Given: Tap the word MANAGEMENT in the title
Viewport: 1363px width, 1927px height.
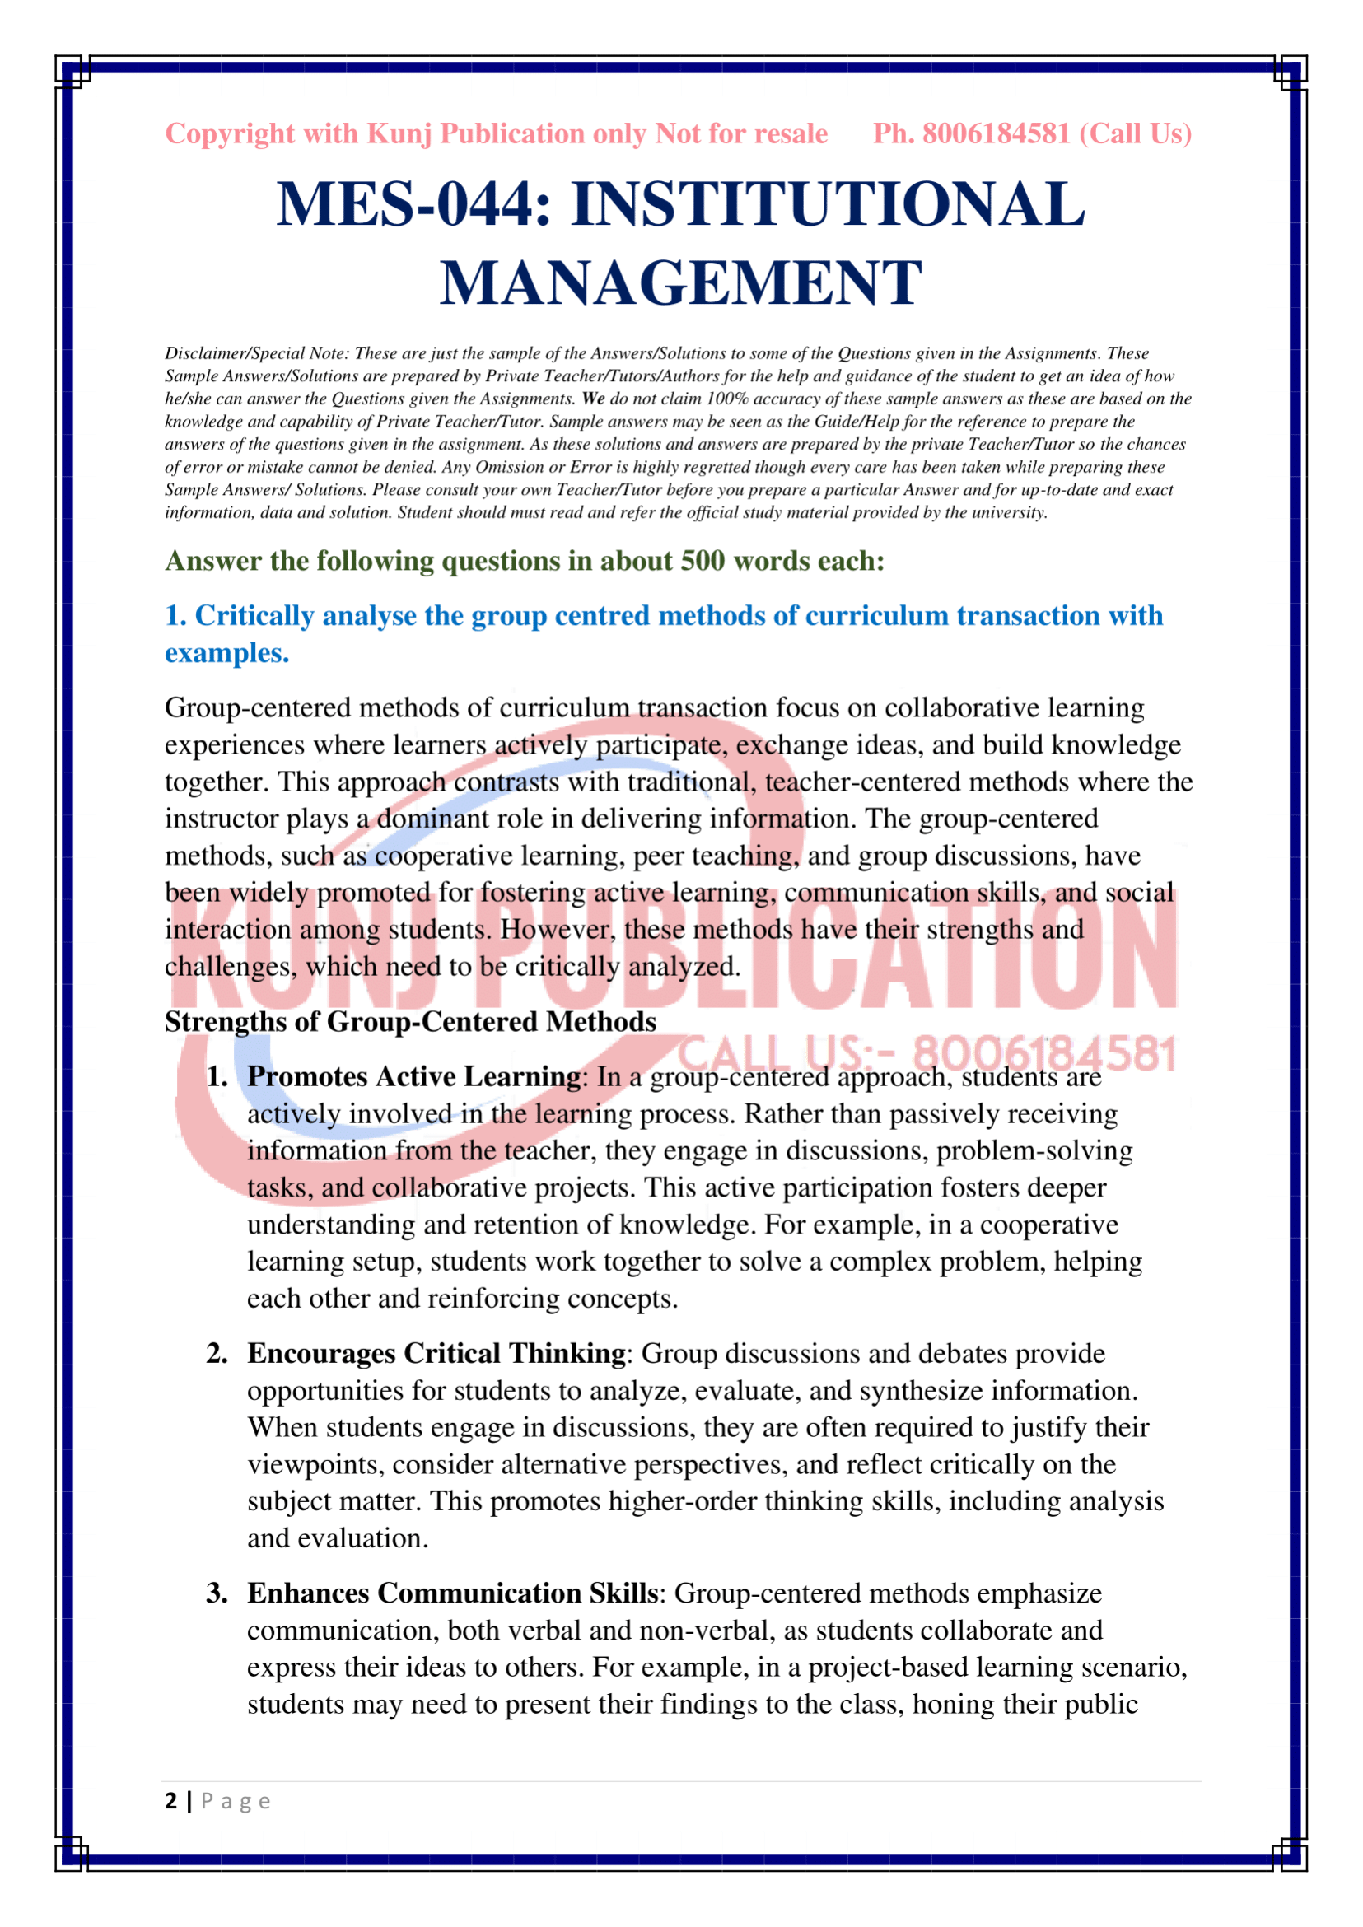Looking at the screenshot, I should [x=680, y=282].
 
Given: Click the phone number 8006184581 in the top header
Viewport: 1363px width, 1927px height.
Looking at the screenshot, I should [x=996, y=133].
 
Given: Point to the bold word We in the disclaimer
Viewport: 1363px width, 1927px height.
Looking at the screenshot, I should [x=592, y=399].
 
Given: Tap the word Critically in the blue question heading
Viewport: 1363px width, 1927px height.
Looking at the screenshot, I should [x=254, y=615].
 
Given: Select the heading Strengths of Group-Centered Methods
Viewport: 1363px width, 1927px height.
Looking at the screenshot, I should [x=409, y=1021].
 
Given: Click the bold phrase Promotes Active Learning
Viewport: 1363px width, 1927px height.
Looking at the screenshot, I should [x=413, y=1076].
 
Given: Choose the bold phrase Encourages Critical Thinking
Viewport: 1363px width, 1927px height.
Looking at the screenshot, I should [x=436, y=1353].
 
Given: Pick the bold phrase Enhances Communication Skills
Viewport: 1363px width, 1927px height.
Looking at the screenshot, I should [x=451, y=1593].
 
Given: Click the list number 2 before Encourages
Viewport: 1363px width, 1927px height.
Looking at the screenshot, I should [x=216, y=1353].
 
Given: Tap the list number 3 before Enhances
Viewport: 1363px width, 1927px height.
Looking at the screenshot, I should [x=216, y=1593].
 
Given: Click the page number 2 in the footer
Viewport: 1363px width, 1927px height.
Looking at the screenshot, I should [x=171, y=1801].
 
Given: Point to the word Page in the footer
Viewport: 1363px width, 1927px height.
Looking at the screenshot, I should [x=235, y=1802].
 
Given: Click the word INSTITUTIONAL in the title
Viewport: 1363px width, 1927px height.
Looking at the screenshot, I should [x=828, y=204].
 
